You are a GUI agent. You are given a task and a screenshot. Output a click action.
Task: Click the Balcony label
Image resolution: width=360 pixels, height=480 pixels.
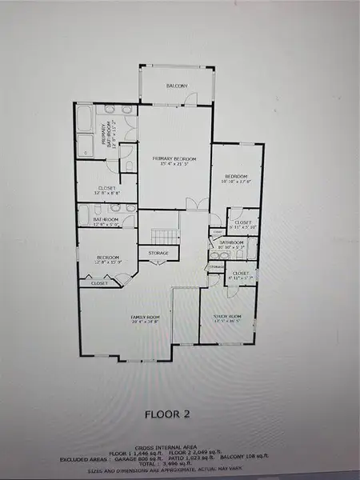coord(177,86)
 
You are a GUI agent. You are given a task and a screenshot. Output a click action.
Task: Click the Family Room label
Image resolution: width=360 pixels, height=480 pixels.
coord(146,319)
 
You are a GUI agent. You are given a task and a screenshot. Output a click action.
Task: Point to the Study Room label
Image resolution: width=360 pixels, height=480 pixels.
coord(227,319)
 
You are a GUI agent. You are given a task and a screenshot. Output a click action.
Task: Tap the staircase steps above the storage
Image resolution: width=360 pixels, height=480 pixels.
coord(163,236)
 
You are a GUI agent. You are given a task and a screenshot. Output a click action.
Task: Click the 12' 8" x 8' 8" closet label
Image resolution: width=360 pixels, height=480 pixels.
coord(106,191)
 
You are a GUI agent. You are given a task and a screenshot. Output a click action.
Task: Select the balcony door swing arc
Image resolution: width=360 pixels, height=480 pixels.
coord(190,99)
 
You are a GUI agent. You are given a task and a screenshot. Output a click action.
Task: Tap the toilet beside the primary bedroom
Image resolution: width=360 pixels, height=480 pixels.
coord(127,166)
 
